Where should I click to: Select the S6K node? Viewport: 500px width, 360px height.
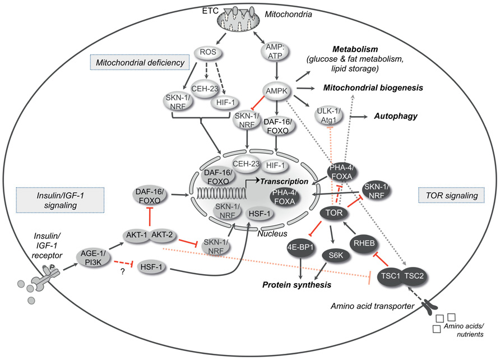pyautogui.click(x=336, y=258)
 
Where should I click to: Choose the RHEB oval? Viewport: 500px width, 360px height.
pyautogui.click(x=365, y=245)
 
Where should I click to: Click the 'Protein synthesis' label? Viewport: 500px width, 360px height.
pyautogui.click(x=295, y=285)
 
